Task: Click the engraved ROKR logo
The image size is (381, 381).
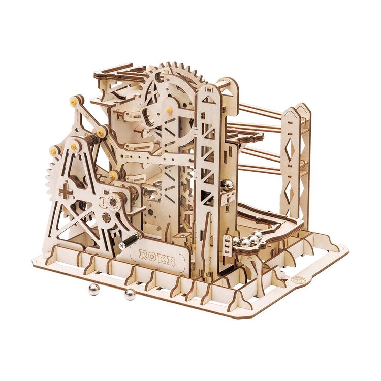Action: coord(158,257)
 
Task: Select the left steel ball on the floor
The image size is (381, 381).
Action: coord(94,290)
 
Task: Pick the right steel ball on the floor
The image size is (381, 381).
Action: coord(130,294)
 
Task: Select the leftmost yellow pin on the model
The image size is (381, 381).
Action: coord(53,150)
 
